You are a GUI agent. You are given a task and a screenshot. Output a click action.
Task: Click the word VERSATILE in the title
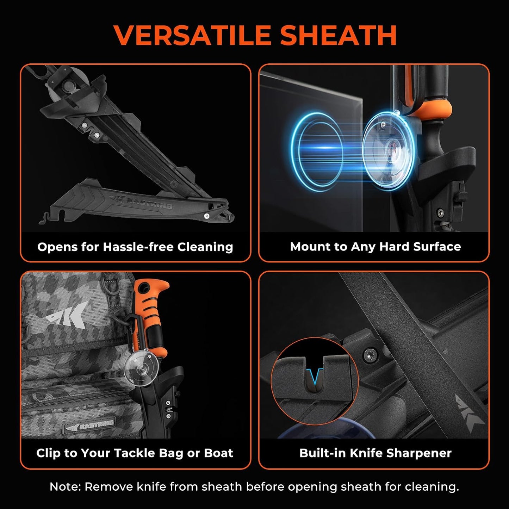pos(192,35)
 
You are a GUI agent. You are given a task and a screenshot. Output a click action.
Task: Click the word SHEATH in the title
pos(339,35)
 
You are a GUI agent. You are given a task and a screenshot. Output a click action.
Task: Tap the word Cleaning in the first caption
pos(205,247)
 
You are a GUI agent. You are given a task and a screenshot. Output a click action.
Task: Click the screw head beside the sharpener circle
pos(369,356)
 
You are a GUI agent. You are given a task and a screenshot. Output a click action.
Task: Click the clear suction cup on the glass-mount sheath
pos(388,148)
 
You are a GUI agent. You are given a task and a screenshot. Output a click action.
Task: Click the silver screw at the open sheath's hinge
pos(206,216)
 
